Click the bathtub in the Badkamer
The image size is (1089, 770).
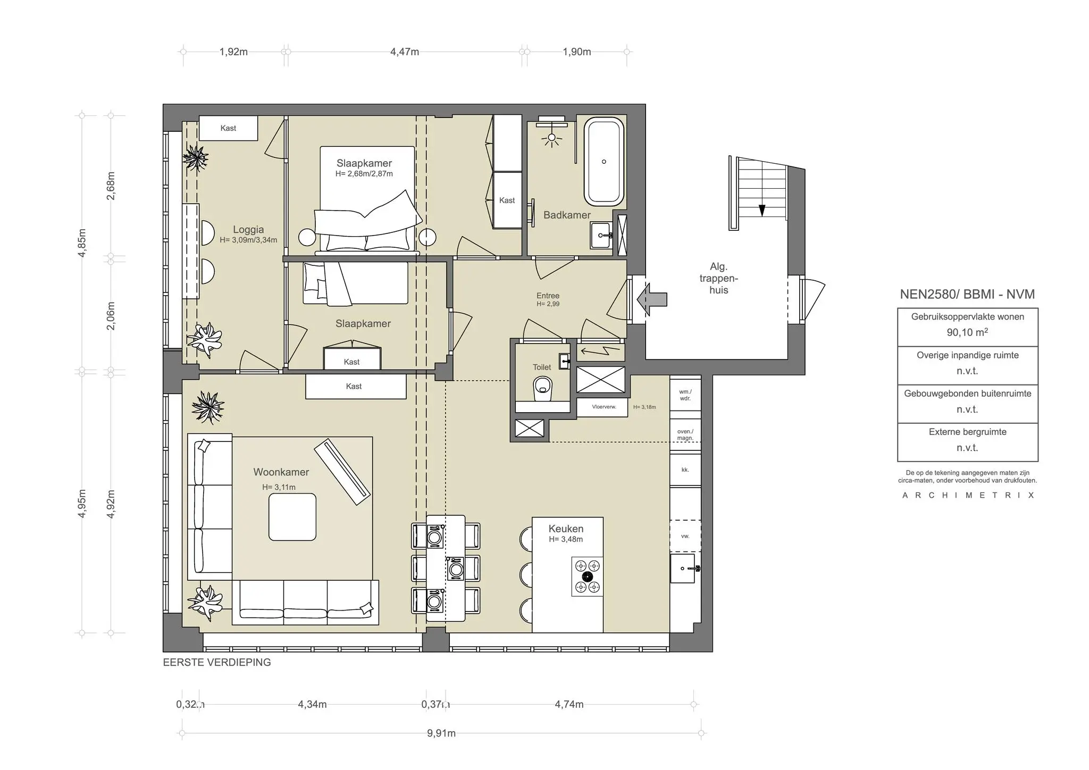(x=604, y=162)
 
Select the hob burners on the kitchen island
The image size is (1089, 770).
(x=587, y=576)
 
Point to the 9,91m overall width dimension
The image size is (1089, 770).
(x=441, y=733)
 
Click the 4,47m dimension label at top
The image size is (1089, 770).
(x=404, y=52)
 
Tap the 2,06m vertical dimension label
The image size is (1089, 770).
(x=111, y=316)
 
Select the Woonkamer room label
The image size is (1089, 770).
(x=281, y=472)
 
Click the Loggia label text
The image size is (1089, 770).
(x=248, y=230)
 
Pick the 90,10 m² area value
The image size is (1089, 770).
(x=967, y=332)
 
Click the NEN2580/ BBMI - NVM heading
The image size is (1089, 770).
(x=967, y=294)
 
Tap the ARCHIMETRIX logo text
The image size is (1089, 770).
(x=968, y=495)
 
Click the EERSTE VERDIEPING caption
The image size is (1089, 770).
(x=217, y=662)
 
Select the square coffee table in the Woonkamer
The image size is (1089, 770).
(x=292, y=517)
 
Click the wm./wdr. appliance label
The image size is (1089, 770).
(x=685, y=395)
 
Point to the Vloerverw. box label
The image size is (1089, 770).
(x=604, y=407)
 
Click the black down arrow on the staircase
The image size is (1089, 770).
(x=761, y=210)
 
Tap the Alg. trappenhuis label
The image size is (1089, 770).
(x=718, y=278)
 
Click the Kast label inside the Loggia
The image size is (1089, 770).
(x=228, y=128)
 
